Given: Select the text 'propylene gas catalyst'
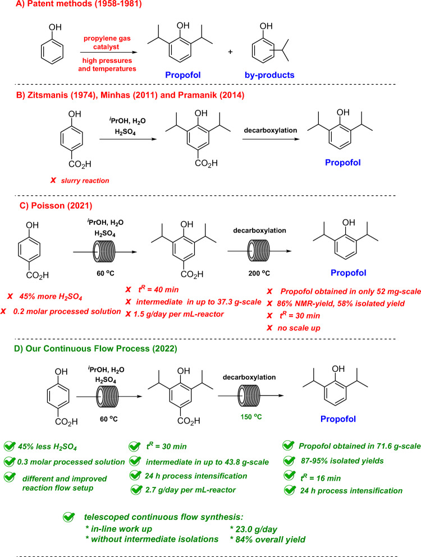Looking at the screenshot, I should point(110,39).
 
